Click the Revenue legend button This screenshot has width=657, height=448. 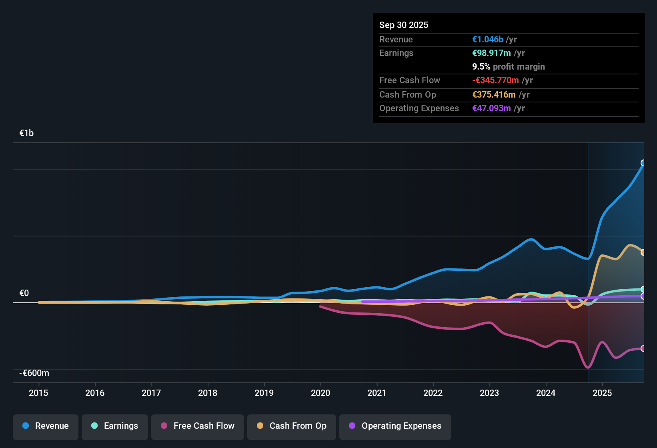tap(46, 426)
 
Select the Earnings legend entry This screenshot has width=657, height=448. tap(115, 426)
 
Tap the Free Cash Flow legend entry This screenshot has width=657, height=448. tap(198, 426)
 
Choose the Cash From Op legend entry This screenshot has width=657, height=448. tap(292, 426)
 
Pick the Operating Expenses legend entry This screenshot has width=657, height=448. tap(395, 426)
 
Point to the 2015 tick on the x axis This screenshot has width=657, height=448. tap(38, 393)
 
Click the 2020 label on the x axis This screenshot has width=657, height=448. tap(320, 393)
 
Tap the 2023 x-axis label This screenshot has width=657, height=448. tap(489, 393)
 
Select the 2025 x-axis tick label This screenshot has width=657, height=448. tap(602, 393)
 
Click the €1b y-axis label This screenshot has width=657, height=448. tap(26, 133)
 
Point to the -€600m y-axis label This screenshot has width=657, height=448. tap(34, 373)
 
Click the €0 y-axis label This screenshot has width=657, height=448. tap(24, 293)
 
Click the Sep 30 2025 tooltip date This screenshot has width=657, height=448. tap(404, 25)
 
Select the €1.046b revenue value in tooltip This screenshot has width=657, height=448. tap(488, 40)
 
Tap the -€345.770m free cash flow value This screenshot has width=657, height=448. tap(495, 80)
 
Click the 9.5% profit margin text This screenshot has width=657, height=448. tap(509, 67)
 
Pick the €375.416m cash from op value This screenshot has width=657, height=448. tap(494, 95)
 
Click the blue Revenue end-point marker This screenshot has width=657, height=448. tap(643, 163)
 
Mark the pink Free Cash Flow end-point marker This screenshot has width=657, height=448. tap(643, 348)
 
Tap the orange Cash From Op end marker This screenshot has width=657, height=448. tap(643, 252)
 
